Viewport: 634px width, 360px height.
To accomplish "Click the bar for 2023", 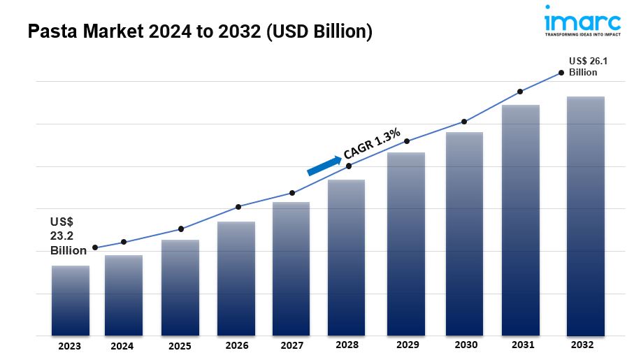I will [x=70, y=301].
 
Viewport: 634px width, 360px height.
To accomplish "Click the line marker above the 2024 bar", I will [x=124, y=242].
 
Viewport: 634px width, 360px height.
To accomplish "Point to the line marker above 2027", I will [x=291, y=193].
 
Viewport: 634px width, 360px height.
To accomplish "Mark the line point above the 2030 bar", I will [x=463, y=122].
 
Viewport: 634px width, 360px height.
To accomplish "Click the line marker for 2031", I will [x=520, y=92].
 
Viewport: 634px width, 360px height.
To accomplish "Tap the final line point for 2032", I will [x=561, y=72].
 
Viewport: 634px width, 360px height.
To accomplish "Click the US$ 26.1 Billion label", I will [x=587, y=66].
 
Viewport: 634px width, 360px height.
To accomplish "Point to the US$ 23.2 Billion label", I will [x=67, y=236].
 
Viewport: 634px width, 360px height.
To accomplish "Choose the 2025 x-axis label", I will [x=180, y=346].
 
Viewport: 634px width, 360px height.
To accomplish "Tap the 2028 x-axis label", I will [x=347, y=346].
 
